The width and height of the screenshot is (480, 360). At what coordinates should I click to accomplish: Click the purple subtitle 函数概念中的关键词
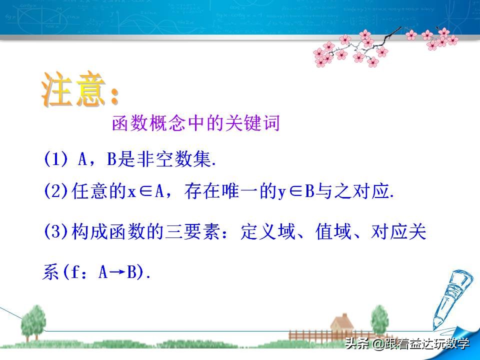(195, 123)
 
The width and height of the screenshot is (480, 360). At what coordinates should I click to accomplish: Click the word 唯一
(245, 191)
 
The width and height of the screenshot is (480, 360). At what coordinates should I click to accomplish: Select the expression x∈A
(150, 191)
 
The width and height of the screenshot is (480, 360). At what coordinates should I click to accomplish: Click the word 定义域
(263, 232)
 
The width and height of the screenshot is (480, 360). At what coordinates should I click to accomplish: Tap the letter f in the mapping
(79, 273)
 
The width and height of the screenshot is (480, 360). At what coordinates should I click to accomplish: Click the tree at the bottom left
(33, 320)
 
